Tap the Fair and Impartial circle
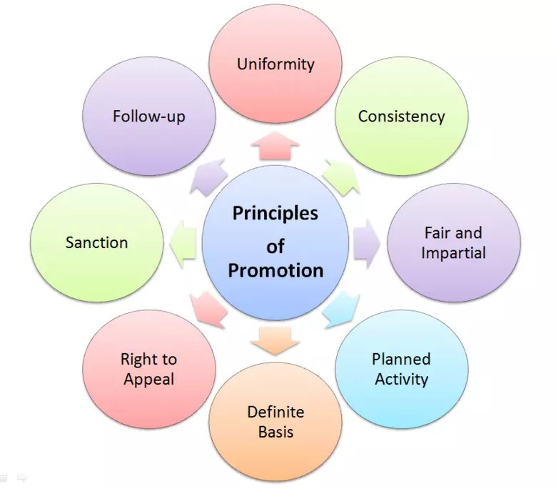coord(453,243)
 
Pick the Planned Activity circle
coord(402,369)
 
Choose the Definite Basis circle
coord(276,422)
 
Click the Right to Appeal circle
coord(149,369)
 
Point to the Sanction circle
coord(97,242)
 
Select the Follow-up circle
coord(149,117)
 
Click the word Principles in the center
coord(276,214)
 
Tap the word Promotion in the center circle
coord(276,270)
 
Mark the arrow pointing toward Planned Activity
coord(342,310)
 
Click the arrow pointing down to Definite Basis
coord(276,342)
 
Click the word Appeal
coord(149,380)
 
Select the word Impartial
coord(453,253)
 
